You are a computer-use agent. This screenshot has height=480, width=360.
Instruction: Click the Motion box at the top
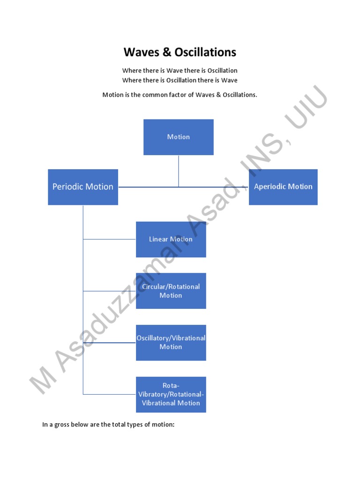[178, 137]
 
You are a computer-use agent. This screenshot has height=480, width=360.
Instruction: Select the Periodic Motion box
[83, 187]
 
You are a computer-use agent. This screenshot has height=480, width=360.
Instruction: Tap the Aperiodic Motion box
[283, 187]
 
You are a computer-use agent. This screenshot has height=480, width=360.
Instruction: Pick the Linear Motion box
[171, 239]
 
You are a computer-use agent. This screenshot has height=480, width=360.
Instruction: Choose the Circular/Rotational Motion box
[171, 291]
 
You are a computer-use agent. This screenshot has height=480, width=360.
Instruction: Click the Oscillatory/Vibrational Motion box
[171, 343]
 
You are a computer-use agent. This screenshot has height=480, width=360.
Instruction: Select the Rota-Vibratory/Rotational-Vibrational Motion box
[171, 395]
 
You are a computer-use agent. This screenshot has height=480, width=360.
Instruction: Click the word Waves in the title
[141, 52]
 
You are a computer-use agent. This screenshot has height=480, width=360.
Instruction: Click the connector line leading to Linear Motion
[110, 239]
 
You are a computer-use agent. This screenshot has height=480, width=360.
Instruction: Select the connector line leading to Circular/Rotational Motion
[110, 291]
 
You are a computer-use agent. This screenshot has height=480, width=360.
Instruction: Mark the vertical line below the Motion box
[179, 171]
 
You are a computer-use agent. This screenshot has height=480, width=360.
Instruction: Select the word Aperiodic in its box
[269, 187]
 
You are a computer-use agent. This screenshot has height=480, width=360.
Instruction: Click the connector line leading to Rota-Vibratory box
[110, 394]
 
